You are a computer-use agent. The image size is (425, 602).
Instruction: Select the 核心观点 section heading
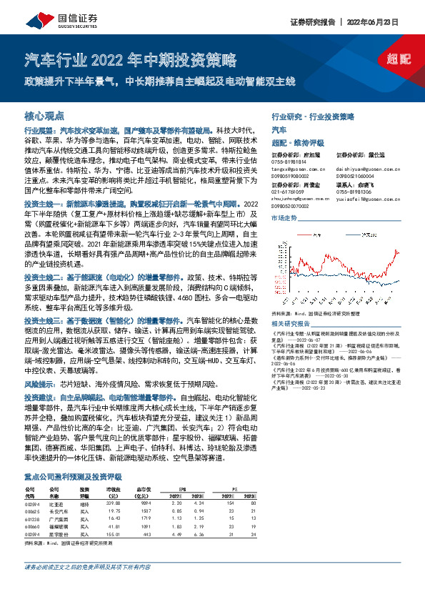pyautogui.click(x=45, y=115)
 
